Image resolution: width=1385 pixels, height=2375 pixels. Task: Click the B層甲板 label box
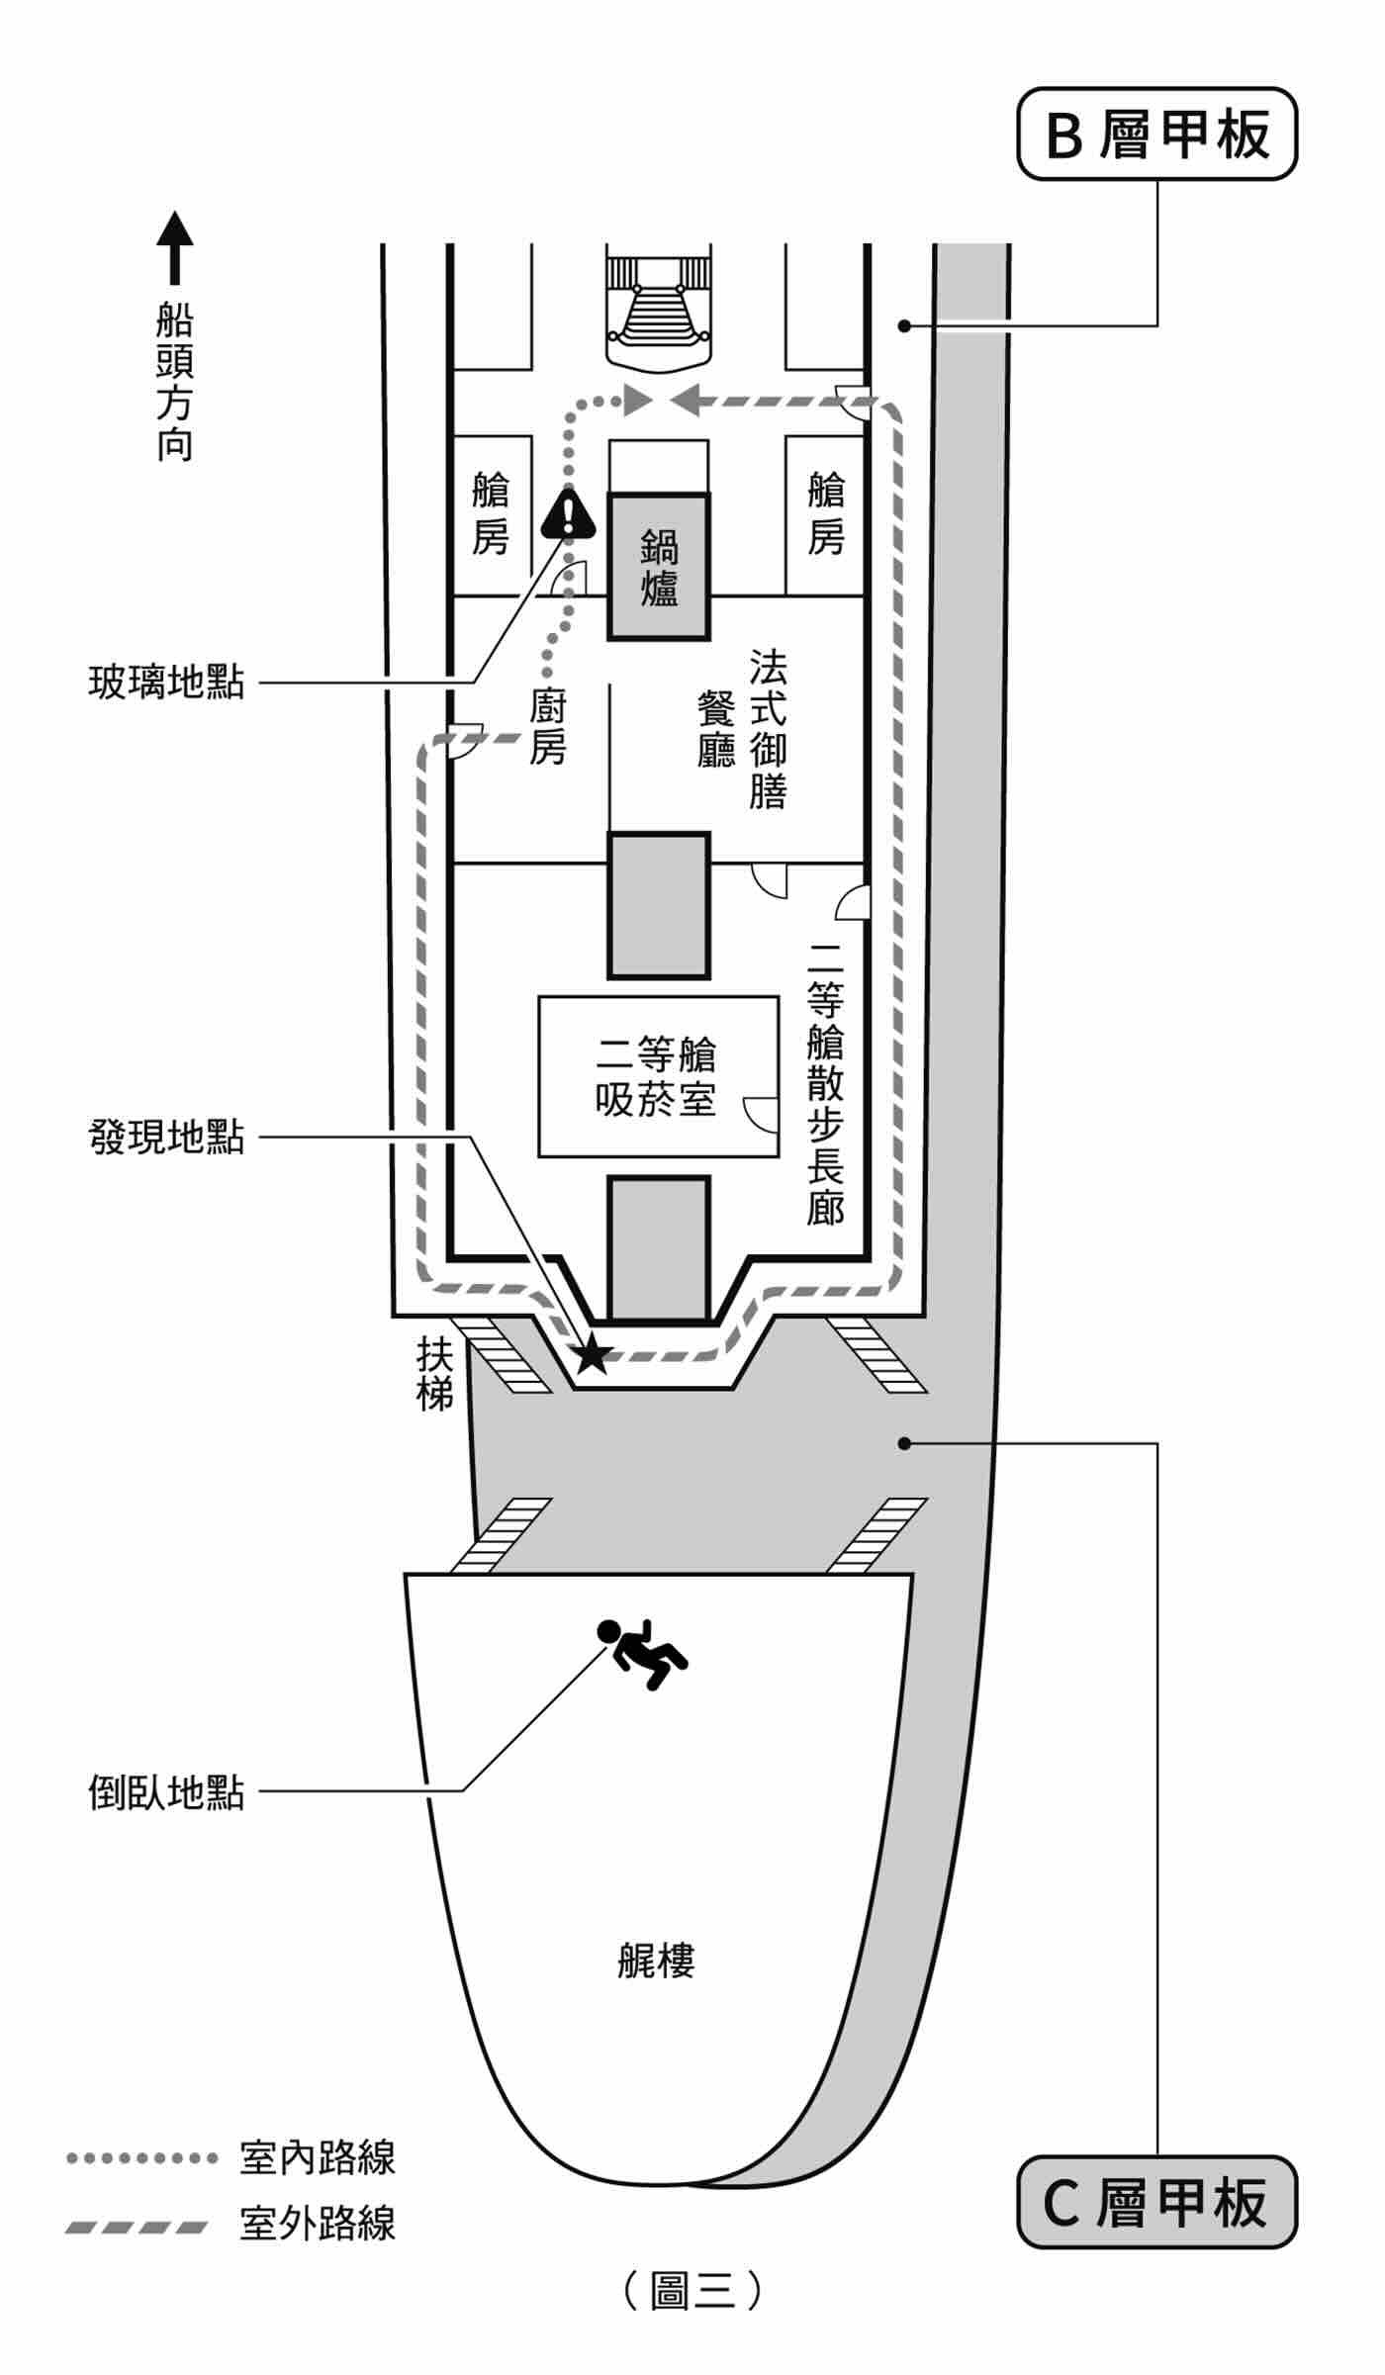[1156, 134]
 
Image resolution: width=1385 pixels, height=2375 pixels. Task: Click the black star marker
[592, 1354]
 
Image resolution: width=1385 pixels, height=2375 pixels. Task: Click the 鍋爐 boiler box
[659, 567]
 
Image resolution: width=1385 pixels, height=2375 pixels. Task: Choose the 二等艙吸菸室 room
[658, 1076]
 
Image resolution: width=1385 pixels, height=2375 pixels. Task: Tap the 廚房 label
[547, 728]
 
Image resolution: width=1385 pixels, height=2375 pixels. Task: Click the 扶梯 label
[434, 1374]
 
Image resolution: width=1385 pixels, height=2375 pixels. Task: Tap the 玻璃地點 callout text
[166, 683]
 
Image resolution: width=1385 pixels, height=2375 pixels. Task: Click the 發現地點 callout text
[166, 1138]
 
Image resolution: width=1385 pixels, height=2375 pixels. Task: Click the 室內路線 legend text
[317, 2157]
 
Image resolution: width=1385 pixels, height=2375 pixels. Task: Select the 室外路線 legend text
[317, 2223]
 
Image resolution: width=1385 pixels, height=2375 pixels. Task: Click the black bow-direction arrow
[175, 247]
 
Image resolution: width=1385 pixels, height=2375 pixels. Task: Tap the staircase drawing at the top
[659, 312]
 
